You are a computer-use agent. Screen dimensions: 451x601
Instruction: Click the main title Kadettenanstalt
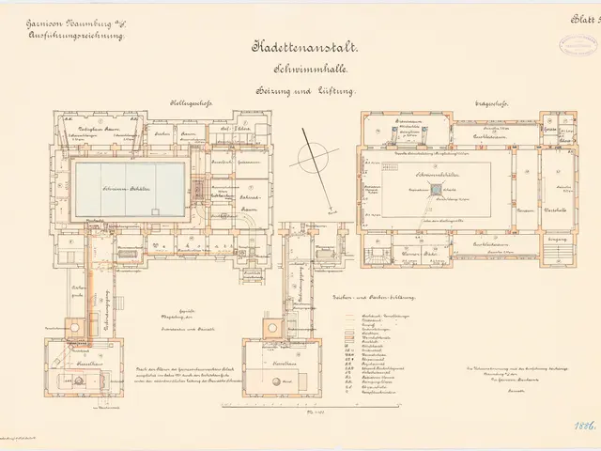click(x=301, y=46)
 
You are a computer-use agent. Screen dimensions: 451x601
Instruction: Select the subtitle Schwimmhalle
click(x=301, y=69)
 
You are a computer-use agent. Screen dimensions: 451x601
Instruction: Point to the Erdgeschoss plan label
click(x=490, y=103)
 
